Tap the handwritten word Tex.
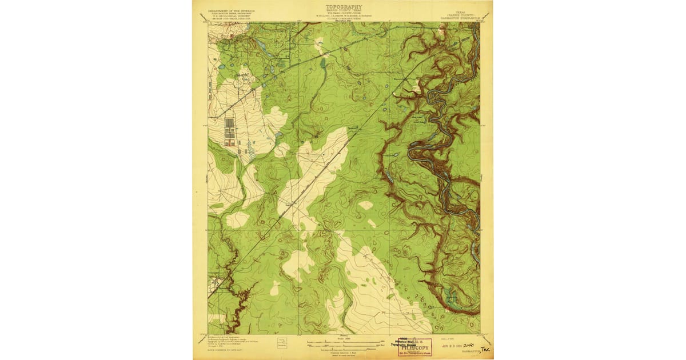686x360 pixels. pos(485,347)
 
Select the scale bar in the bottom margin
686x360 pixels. pos(343,344)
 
